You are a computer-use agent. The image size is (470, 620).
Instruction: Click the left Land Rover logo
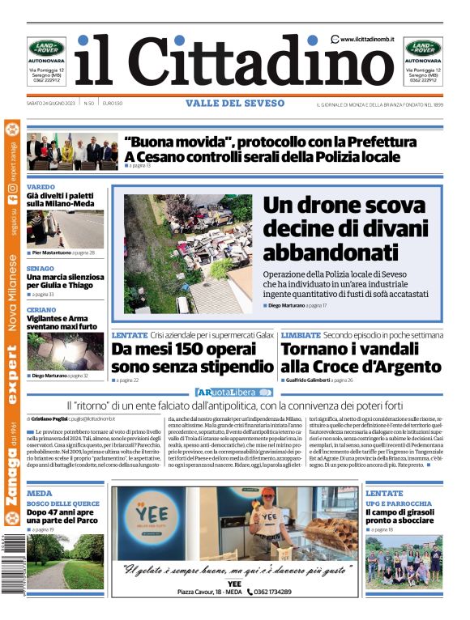tap(46, 48)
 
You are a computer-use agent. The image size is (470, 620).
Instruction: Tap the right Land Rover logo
tap(423, 48)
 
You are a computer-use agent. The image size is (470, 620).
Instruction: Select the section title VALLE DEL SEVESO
tap(235, 104)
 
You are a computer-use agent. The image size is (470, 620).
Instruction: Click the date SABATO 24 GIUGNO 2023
tap(51, 104)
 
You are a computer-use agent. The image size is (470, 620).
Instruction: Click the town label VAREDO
tap(41, 187)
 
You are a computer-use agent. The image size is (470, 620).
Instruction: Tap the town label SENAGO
tap(40, 267)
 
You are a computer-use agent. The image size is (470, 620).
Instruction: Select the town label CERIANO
tap(41, 310)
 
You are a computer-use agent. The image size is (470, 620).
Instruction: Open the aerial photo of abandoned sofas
tap(187, 254)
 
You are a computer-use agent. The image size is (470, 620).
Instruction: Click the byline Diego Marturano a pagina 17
tap(297, 305)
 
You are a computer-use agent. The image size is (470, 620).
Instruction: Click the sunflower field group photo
tap(403, 563)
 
